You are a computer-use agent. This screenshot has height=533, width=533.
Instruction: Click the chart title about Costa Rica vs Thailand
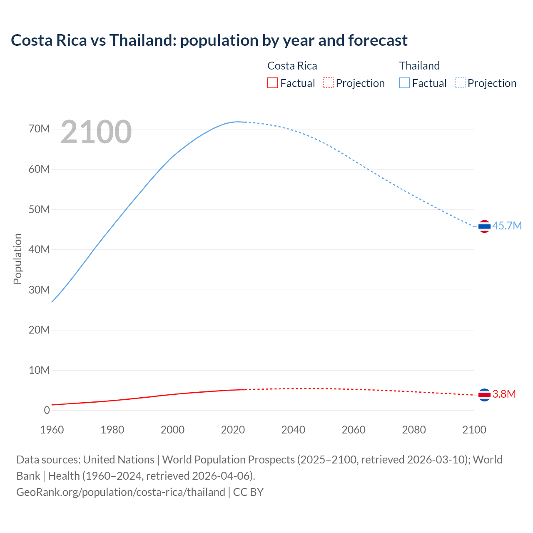coord(209,40)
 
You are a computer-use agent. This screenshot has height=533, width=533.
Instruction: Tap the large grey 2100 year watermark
coord(96,132)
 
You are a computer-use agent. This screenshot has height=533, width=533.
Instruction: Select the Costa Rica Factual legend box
coord(272,83)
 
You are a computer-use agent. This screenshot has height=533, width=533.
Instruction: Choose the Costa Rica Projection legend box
coord(328,83)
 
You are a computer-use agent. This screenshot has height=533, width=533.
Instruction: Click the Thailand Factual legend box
coord(404,83)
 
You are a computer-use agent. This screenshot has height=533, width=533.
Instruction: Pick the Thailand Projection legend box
coord(460,83)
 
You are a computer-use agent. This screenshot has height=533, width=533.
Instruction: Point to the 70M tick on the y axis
coord(39,129)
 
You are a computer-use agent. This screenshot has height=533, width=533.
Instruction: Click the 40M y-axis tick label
coord(39,249)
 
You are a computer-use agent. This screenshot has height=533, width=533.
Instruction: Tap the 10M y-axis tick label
coord(39,370)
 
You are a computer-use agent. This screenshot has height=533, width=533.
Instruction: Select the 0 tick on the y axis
coord(47,410)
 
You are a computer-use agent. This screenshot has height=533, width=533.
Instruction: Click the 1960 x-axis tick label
coord(52,430)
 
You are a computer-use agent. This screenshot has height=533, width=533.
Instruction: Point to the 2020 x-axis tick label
coord(233,430)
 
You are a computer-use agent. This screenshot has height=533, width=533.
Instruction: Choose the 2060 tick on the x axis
coord(354,430)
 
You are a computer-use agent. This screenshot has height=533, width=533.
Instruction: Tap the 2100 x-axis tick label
coord(474,430)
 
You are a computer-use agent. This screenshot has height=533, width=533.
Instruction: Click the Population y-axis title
coord(17,259)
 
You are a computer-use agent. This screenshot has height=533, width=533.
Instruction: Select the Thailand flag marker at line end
coord(484,226)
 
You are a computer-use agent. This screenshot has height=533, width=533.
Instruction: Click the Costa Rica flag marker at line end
coord(484,394)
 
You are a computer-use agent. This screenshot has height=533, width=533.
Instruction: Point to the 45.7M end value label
coord(507,226)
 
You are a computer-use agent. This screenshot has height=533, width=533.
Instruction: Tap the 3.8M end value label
coord(504,394)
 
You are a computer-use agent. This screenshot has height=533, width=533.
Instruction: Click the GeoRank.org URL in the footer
coord(121,492)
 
